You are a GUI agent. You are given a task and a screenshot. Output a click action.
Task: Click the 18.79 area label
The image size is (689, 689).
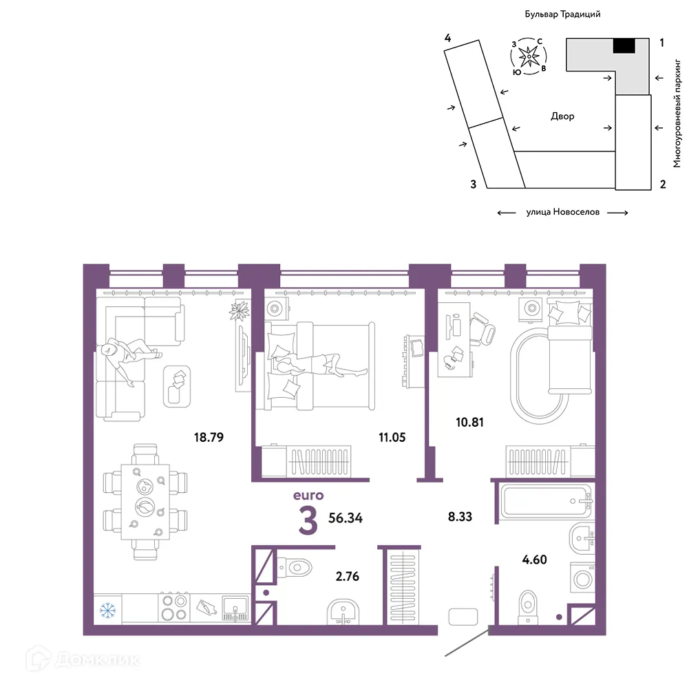(209, 437)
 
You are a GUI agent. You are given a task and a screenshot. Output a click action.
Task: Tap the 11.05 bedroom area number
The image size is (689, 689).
(392, 437)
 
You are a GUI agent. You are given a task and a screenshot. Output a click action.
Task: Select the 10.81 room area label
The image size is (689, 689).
(469, 422)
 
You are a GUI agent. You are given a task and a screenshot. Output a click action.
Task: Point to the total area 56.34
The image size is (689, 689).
(346, 518)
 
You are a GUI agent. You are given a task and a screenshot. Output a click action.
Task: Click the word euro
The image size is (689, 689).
(308, 496)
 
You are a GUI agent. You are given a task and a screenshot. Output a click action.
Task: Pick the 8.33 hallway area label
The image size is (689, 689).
(460, 517)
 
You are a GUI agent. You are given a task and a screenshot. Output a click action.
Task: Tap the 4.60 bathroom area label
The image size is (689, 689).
(534, 560)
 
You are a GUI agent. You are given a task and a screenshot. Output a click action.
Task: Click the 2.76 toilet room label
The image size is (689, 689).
(347, 576)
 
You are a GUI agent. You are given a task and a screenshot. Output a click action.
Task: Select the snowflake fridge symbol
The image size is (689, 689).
(107, 610)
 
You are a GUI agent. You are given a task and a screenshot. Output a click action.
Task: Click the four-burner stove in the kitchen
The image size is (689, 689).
(174, 607)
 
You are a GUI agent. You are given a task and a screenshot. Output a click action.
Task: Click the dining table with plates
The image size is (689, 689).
(145, 502)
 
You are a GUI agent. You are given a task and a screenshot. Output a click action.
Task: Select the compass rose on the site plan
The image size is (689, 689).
(529, 56)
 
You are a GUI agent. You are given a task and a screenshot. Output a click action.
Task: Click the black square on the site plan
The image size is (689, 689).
(624, 45)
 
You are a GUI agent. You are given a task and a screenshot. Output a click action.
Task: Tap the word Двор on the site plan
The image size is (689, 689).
(562, 116)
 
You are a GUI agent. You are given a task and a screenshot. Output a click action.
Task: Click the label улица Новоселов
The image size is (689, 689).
(562, 212)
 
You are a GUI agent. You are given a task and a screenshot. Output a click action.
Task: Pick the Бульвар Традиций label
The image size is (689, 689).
(562, 14)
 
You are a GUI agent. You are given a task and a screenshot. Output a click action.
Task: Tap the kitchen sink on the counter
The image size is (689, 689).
(235, 608)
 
